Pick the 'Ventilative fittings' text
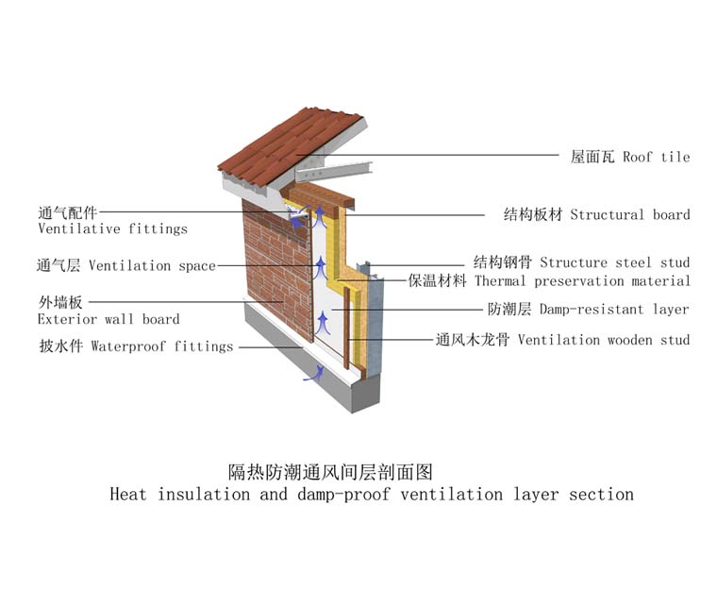click(x=112, y=229)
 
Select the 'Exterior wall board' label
click(x=108, y=319)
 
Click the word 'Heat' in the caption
click(x=128, y=494)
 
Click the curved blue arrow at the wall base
click(x=310, y=375)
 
